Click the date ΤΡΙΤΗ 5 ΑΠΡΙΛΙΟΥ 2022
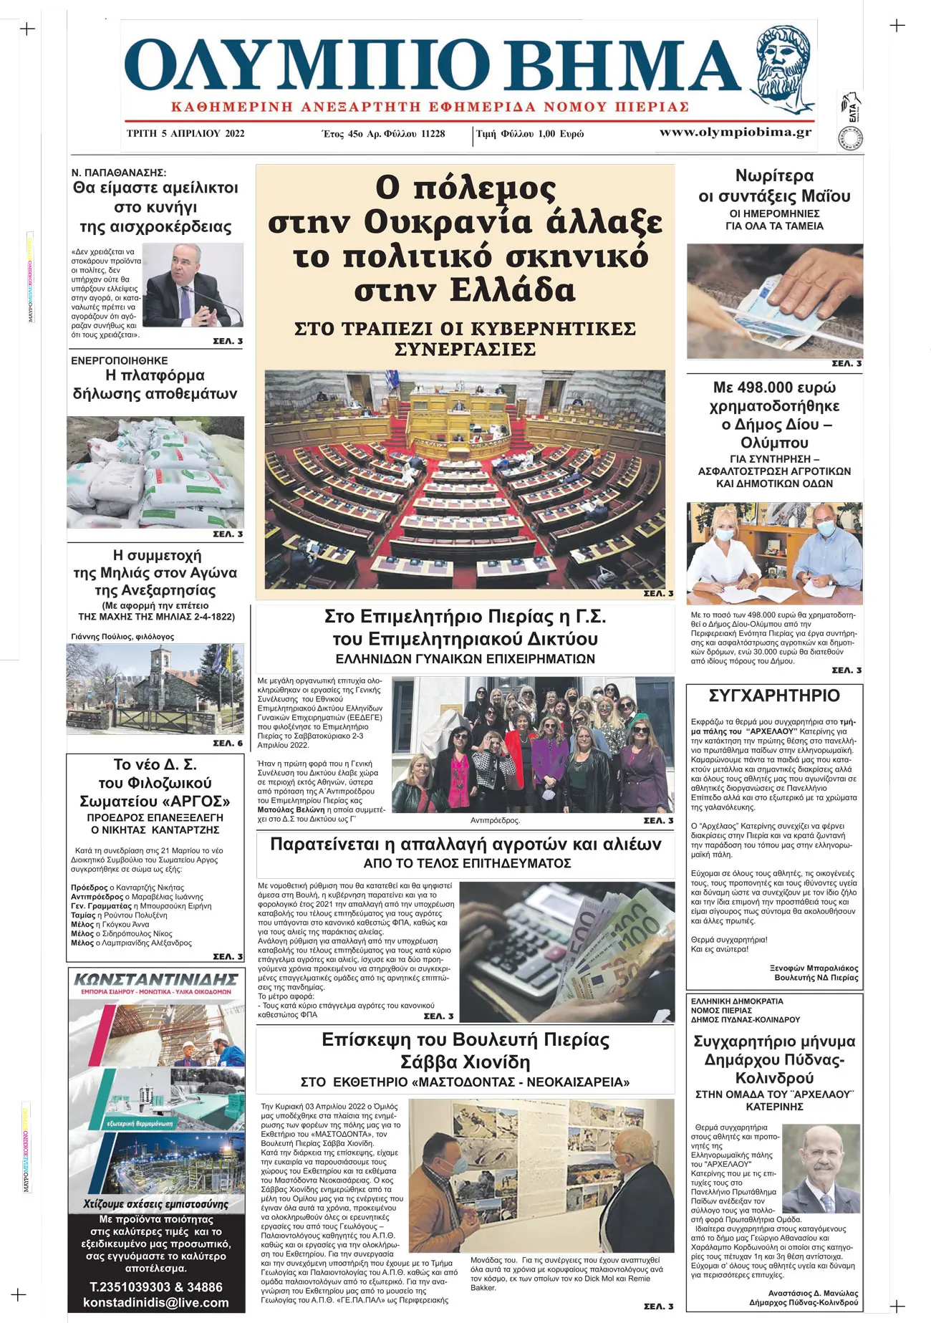pyautogui.click(x=185, y=133)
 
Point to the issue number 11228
pyautogui.click(x=433, y=134)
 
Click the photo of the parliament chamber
pyautogui.click(x=465, y=478)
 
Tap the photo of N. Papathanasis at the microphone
pyautogui.click(x=193, y=285)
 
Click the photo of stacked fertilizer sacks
pyautogui.click(x=155, y=472)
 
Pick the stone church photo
pyautogui.click(x=155, y=688)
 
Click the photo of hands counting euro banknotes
pyautogui.click(x=774, y=301)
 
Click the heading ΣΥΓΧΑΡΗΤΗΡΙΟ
pyautogui.click(x=774, y=696)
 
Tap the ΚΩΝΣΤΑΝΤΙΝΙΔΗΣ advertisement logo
pyautogui.click(x=155, y=978)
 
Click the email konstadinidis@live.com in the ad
pyautogui.click(x=155, y=1302)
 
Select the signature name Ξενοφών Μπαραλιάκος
pyautogui.click(x=814, y=968)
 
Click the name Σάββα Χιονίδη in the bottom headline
pyautogui.click(x=465, y=1062)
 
